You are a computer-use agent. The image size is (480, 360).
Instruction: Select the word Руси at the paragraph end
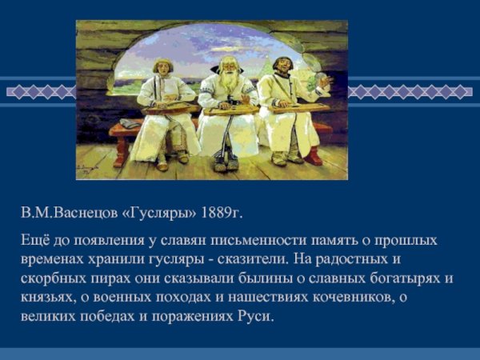tap(256, 317)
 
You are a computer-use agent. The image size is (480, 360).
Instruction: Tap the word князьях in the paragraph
tap(46, 298)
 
